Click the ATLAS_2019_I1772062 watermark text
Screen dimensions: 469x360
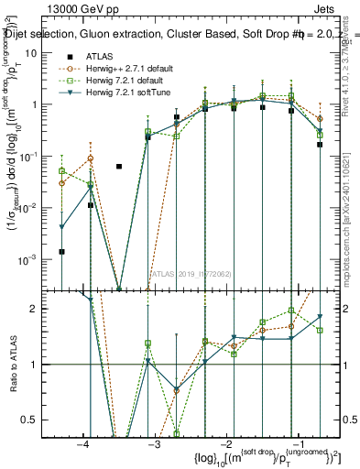click(190, 274)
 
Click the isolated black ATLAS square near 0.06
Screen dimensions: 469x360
click(119, 167)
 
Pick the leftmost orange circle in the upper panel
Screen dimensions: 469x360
click(62, 183)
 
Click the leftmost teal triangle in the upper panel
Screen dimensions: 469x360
click(62, 226)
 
